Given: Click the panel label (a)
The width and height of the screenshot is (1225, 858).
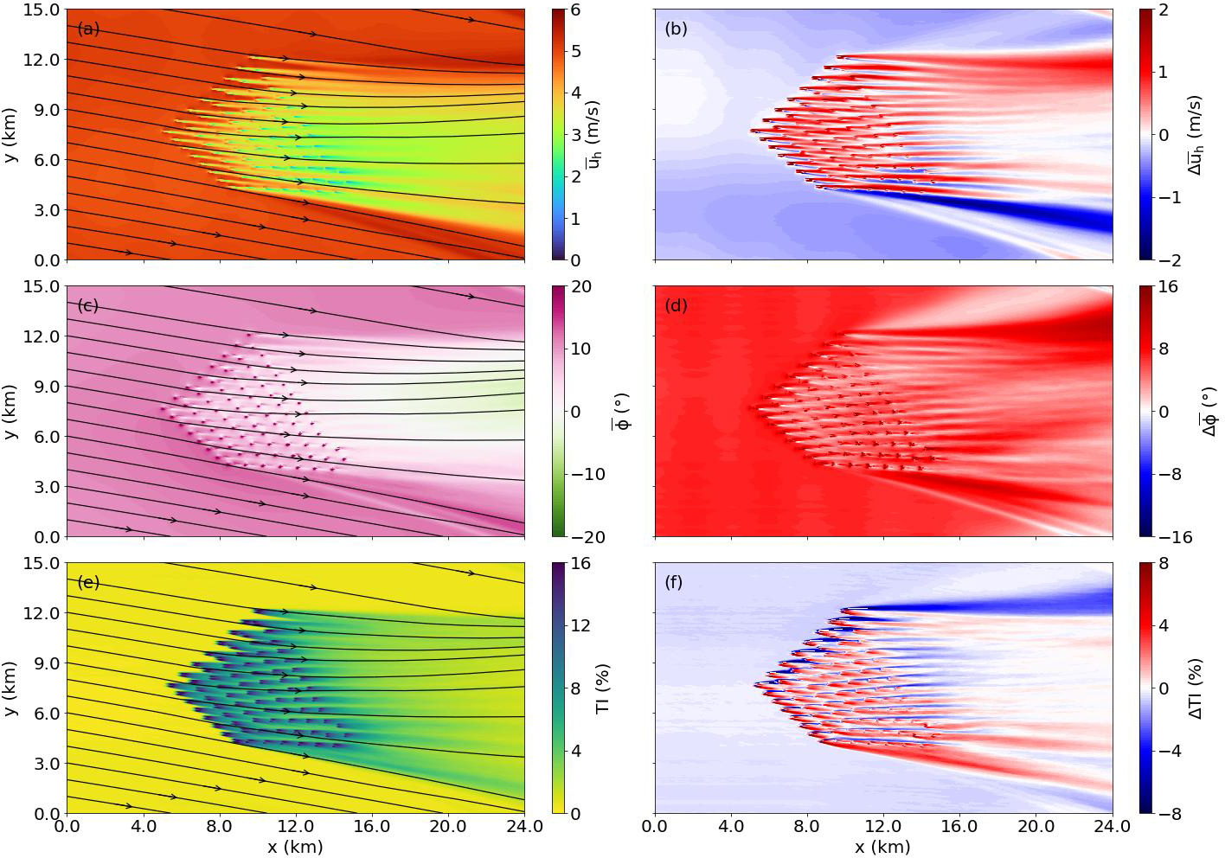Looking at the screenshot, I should coord(88,29).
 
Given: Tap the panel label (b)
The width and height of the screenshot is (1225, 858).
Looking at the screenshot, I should coord(676,29).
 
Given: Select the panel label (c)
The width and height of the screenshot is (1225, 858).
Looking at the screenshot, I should coord(88,305).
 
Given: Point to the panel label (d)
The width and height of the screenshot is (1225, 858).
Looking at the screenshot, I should coord(676,305).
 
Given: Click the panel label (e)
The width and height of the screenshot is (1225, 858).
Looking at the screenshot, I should coord(88,582).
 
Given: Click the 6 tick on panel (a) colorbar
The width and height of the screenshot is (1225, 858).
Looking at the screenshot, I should coord(575,10).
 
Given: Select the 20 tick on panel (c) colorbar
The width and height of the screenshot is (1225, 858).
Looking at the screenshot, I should coord(580,287).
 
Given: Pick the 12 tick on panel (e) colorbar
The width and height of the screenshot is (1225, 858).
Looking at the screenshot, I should coord(580,626).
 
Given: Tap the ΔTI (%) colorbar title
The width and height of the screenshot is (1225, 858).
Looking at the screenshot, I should coord(1196,688).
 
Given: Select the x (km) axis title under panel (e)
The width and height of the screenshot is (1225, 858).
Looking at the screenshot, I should coord(295,846).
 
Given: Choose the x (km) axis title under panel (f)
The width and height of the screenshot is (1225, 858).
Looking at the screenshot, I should coord(883,846).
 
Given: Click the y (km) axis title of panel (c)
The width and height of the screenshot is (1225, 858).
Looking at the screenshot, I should coord(11,411).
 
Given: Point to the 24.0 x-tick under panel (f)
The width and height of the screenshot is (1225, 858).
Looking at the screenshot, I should coord(1113,826).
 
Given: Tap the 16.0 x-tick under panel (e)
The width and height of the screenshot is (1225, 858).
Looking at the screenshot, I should coord(372,826).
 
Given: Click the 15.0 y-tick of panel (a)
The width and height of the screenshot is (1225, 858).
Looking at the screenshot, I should coord(43,10).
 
